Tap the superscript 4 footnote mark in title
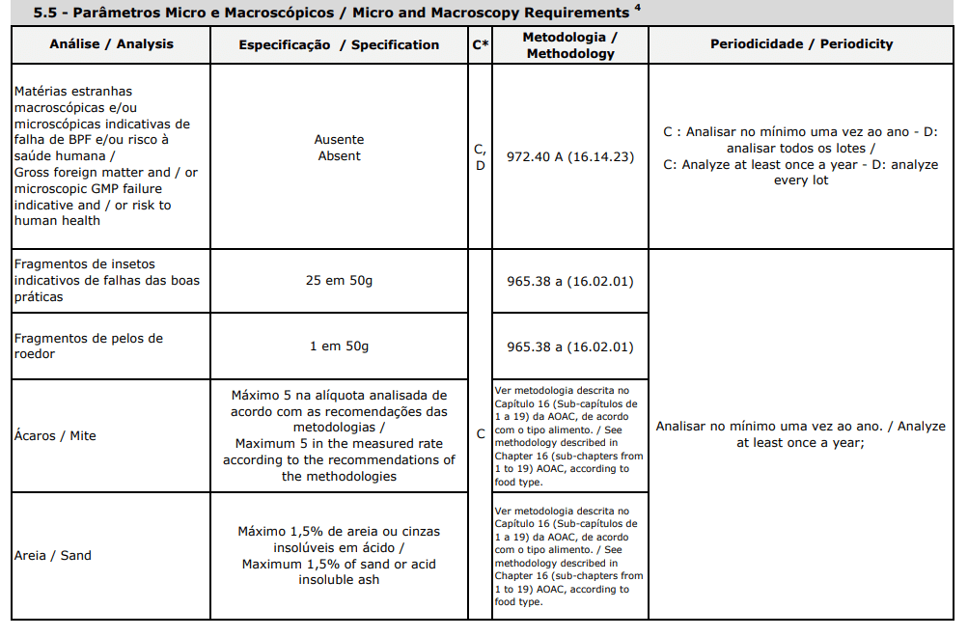tap(636, 9)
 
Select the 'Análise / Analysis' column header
tap(111, 44)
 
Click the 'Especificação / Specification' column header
tap(339, 44)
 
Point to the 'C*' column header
tap(480, 44)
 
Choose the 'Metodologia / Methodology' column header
tap(570, 44)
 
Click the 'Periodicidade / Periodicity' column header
tap(801, 44)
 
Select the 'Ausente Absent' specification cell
tap(339, 148)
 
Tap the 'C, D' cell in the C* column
tap(480, 156)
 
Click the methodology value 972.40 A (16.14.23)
tap(570, 155)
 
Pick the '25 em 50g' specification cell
tap(339, 281)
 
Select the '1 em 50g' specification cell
tap(339, 346)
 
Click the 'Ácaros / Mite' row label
tap(55, 435)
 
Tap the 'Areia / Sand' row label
tap(53, 555)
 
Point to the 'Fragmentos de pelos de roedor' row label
tap(89, 346)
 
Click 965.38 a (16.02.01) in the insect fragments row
tap(570, 282)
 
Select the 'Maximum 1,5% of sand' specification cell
tap(339, 555)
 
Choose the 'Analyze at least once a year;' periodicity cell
tap(801, 434)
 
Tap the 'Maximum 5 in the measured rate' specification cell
tap(339, 435)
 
